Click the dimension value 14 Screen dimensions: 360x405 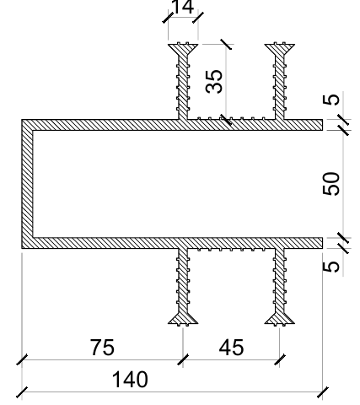(x=183, y=7)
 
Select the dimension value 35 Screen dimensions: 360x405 (x=214, y=81)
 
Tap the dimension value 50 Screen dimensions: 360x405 (x=330, y=184)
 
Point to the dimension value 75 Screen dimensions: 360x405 (x=102, y=348)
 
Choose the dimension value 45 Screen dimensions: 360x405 (x=231, y=348)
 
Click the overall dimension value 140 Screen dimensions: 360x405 (x=130, y=380)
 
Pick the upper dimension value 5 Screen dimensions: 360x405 (x=331, y=100)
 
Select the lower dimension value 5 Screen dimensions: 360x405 (x=331, y=267)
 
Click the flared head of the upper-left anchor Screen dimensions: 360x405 (x=183, y=48)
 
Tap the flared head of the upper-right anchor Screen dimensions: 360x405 (x=280, y=48)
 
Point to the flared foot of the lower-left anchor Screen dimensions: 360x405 (x=183, y=319)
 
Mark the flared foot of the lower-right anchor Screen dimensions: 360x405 (x=280, y=319)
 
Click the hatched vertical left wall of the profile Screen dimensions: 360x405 (x=27, y=184)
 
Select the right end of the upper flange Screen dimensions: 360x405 (x=322, y=125)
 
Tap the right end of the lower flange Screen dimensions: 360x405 (x=322, y=243)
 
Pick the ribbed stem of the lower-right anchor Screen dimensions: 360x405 (x=280, y=281)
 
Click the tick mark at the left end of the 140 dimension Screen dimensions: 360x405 (x=22, y=392)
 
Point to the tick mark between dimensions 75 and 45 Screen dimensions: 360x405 (x=183, y=359)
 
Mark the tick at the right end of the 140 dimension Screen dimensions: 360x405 (x=323, y=392)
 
